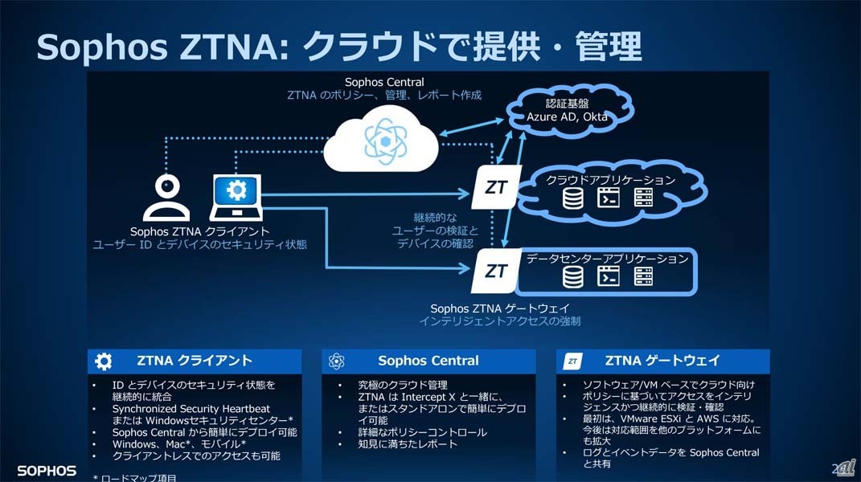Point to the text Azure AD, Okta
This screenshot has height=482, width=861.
tap(567, 117)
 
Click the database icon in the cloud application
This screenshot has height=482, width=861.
tap(572, 198)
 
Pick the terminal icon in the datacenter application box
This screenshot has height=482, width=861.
tap(608, 276)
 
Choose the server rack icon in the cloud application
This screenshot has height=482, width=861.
tap(643, 198)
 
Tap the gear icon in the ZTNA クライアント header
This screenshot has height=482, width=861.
tap(104, 361)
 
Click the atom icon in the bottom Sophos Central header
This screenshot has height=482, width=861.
tap(337, 361)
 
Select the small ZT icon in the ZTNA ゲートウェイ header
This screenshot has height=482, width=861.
tap(572, 361)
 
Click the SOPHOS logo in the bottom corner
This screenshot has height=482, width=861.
tap(47, 471)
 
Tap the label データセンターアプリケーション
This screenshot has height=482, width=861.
tap(608, 259)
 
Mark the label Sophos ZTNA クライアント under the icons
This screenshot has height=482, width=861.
tap(200, 231)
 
